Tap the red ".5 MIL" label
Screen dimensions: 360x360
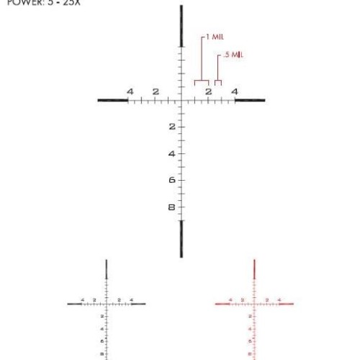232,54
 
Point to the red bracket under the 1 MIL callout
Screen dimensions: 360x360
202,81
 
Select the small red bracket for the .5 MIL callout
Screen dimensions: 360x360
218,82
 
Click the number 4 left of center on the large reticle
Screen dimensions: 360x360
130,91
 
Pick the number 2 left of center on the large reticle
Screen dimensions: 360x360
156,91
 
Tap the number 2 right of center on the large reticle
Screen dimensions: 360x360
208,92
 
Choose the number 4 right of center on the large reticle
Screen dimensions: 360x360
235,91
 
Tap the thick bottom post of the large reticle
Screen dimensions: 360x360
181,238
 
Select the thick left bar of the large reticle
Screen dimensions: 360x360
112,100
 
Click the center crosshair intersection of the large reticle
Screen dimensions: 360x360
181,100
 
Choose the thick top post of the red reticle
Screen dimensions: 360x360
255,269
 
